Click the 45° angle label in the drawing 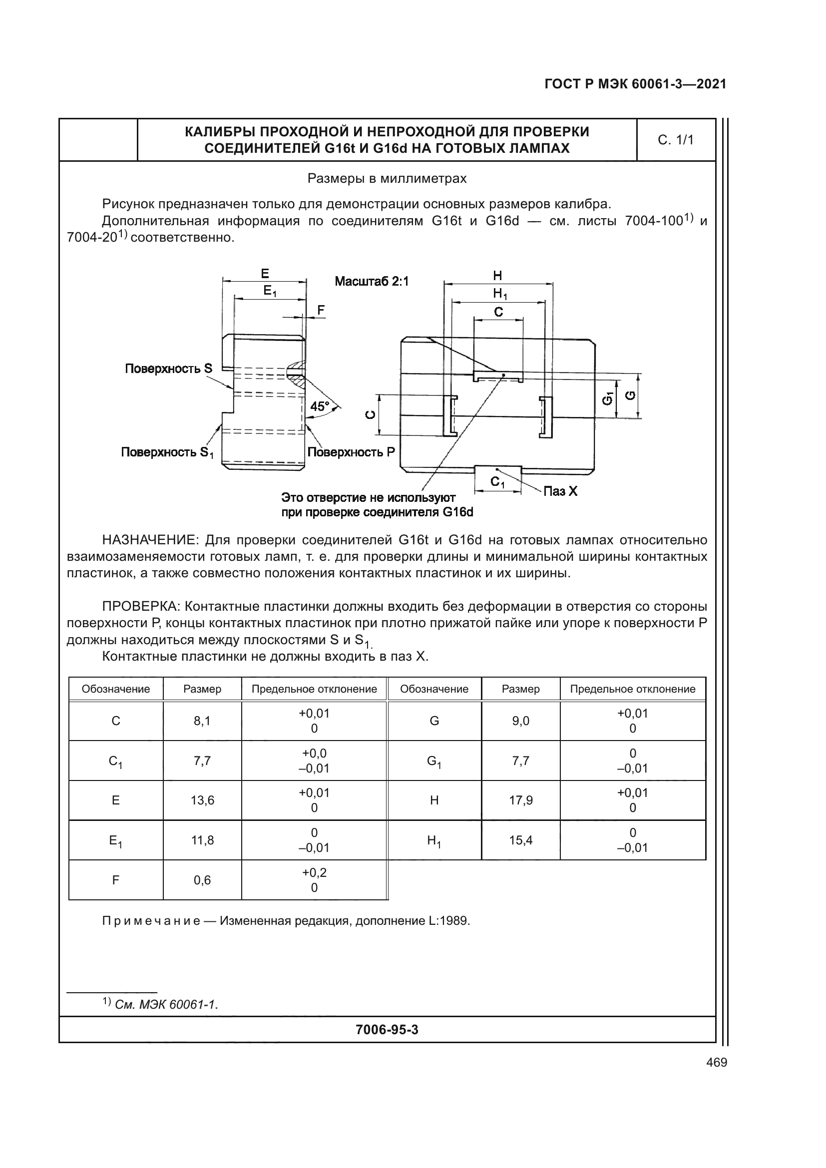click(320, 406)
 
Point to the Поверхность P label click(351, 452)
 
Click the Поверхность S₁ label click(167, 452)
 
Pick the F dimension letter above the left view click(321, 310)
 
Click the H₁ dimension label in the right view click(499, 293)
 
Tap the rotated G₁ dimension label click(607, 399)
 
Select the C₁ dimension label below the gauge click(497, 482)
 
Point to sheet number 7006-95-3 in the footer click(387, 1030)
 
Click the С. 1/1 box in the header click(676, 140)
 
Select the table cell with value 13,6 click(202, 800)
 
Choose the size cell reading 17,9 click(521, 800)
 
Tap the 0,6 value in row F click(202, 879)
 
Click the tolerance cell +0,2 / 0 click(314, 879)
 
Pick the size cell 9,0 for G click(521, 721)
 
